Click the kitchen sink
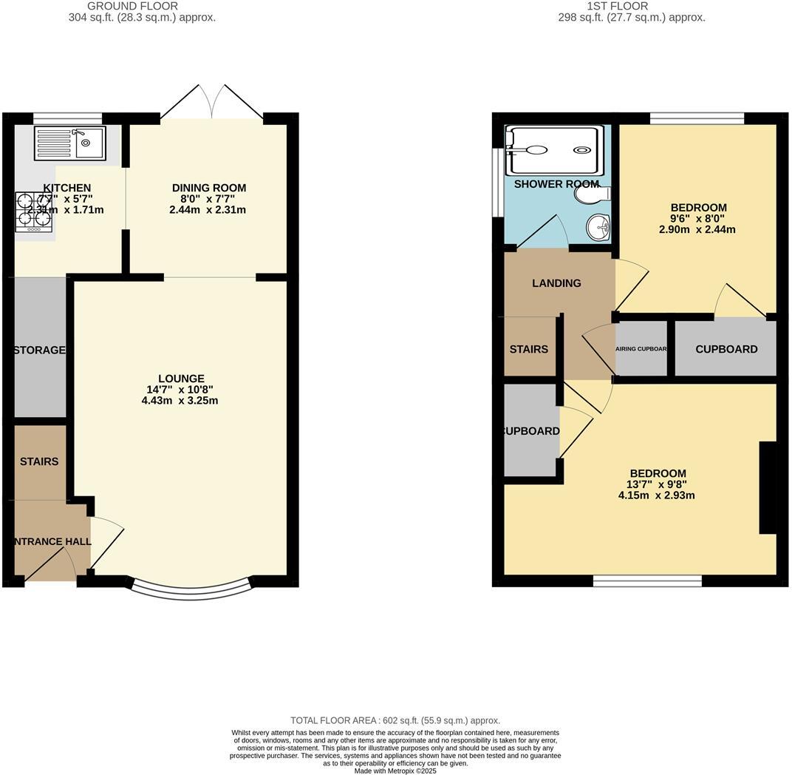click(x=70, y=143)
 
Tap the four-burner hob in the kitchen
click(x=33, y=213)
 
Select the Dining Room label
click(x=209, y=188)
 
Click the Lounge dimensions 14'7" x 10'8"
click(x=180, y=390)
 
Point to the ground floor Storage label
click(x=39, y=350)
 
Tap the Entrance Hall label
click(x=51, y=541)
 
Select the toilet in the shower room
click(x=594, y=194)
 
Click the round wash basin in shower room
click(x=598, y=227)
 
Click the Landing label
click(x=556, y=283)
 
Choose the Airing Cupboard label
click(x=641, y=349)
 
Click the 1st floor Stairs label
click(x=529, y=349)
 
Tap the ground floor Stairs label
click(x=39, y=461)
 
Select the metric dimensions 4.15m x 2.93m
click(x=657, y=495)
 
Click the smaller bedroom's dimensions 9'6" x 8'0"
click(x=697, y=219)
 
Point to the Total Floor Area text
click(x=395, y=720)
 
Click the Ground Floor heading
click(x=133, y=6)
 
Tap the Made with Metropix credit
click(x=395, y=771)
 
